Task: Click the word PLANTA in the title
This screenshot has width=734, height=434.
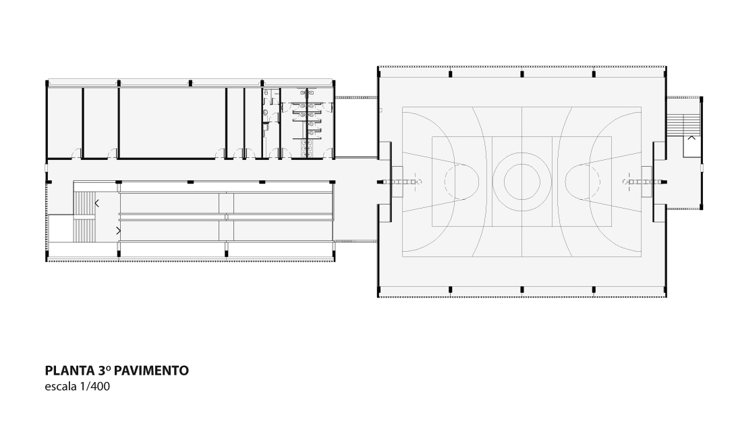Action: pyautogui.click(x=70, y=371)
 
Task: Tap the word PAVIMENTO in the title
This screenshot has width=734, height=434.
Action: pyautogui.click(x=151, y=371)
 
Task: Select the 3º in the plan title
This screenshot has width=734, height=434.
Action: pyautogui.click(x=105, y=371)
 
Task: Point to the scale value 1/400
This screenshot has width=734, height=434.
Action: pyautogui.click(x=95, y=387)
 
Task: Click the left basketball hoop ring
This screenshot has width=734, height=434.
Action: pyautogui.click(x=418, y=182)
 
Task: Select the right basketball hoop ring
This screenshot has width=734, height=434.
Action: pyautogui.click(x=626, y=182)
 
